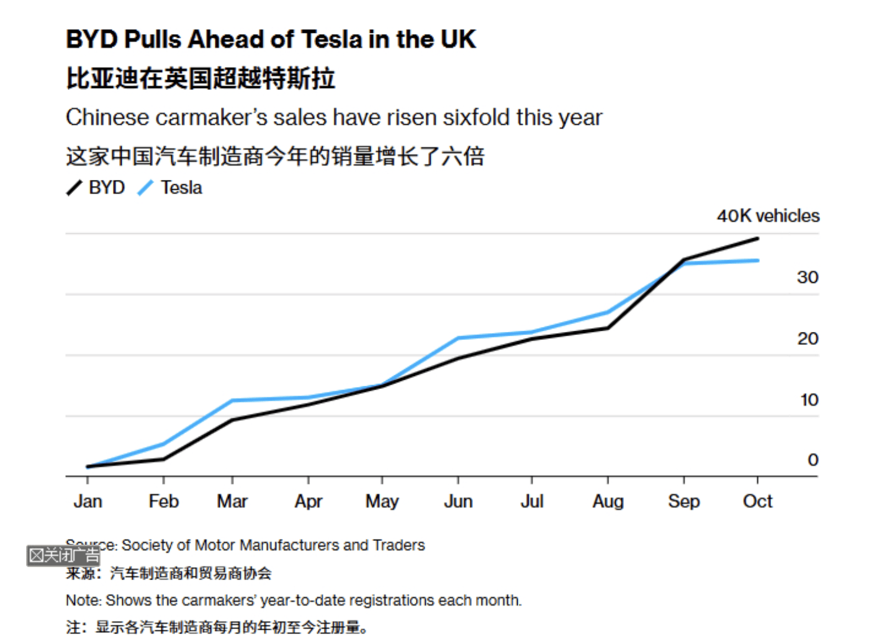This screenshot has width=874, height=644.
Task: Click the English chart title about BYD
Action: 271,39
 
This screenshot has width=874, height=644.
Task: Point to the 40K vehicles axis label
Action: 768,216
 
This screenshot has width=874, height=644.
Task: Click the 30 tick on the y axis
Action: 808,277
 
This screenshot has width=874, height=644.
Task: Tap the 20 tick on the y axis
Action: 808,339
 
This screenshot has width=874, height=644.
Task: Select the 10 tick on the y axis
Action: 809,400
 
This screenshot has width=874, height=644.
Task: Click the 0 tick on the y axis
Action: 813,460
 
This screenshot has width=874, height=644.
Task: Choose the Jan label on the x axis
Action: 88,501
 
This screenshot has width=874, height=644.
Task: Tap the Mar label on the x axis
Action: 232,501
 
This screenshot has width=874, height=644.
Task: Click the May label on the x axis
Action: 382,501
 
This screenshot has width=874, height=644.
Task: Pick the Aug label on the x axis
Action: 608,501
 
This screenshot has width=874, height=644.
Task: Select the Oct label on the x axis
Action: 757,501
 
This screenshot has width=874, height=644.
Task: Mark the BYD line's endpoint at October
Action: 757,238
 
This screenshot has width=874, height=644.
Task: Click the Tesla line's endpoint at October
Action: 757,261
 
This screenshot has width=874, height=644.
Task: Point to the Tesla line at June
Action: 458,338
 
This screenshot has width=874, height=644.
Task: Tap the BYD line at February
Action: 163,459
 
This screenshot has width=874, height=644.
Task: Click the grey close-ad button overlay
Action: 63,555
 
